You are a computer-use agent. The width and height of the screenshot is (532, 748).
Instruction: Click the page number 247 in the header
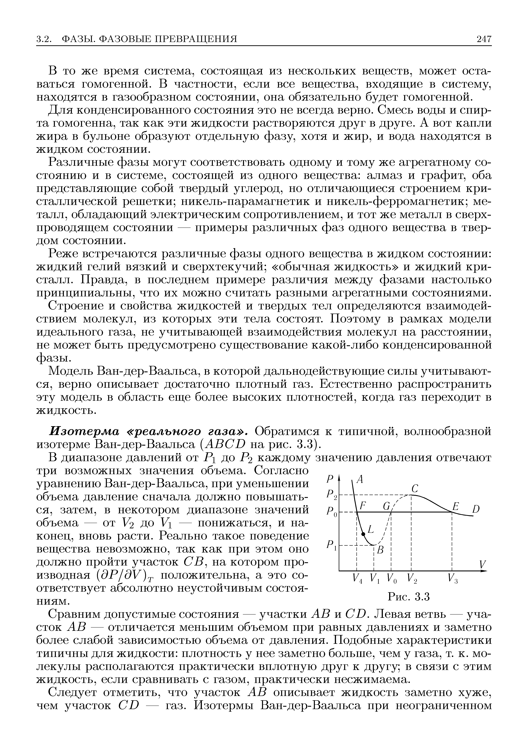[484, 39]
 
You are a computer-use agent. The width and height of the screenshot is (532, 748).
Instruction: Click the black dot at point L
[363, 534]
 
